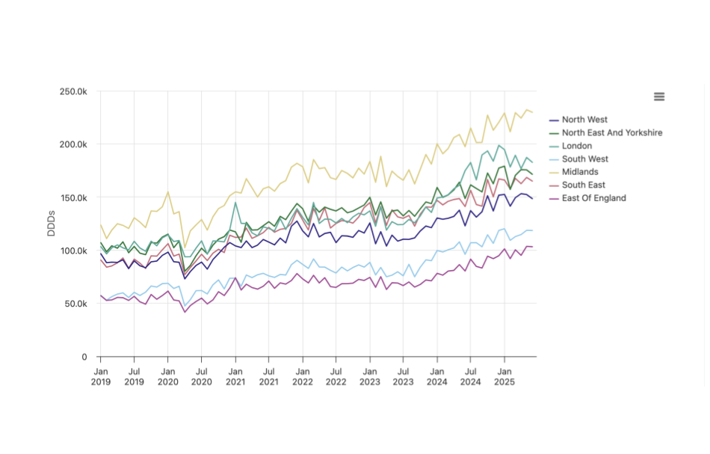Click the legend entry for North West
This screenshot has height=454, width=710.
pyautogui.click(x=584, y=120)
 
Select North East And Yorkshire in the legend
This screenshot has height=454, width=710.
pyautogui.click(x=611, y=133)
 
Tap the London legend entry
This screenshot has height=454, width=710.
pyautogui.click(x=576, y=146)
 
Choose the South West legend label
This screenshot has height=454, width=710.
pyautogui.click(x=584, y=159)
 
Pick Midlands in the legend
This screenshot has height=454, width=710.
pyautogui.click(x=580, y=172)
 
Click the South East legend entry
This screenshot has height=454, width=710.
pyautogui.click(x=583, y=185)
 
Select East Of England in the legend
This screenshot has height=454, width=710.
pyautogui.click(x=593, y=198)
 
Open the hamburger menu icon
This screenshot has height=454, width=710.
pyautogui.click(x=659, y=96)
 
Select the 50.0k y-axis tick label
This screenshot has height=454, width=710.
pyautogui.click(x=76, y=304)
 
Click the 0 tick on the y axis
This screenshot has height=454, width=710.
pyautogui.click(x=85, y=357)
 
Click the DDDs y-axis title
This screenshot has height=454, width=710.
pyautogui.click(x=52, y=223)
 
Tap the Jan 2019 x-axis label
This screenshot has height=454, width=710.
pyautogui.click(x=101, y=376)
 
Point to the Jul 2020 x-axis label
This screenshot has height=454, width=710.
pyautogui.click(x=202, y=376)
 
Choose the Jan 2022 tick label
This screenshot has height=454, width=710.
pyautogui.click(x=303, y=376)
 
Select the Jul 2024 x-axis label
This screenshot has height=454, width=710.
pyautogui.click(x=471, y=376)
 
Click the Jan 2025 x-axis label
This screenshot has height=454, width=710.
pyautogui.click(x=504, y=376)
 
